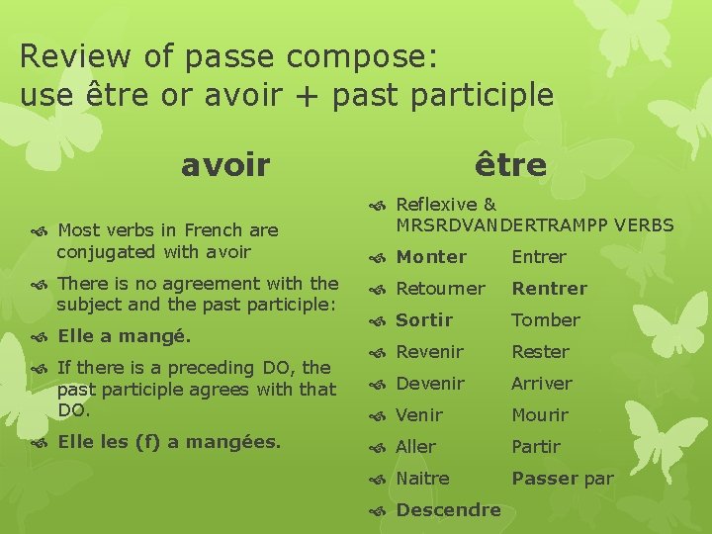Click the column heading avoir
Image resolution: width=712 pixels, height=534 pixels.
(224, 165)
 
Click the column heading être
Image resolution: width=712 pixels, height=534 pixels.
(509, 164)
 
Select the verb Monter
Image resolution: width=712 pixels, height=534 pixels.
(431, 257)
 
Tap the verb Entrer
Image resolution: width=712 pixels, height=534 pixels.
(539, 257)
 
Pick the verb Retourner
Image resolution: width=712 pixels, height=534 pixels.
(440, 289)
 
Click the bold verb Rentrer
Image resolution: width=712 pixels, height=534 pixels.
(549, 289)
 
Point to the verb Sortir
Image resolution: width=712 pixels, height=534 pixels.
(424, 320)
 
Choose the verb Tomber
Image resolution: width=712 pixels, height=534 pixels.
(545, 320)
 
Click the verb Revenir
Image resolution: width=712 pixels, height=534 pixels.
(429, 352)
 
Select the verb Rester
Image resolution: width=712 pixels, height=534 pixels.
(540, 352)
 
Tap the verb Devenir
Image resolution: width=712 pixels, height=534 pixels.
(430, 384)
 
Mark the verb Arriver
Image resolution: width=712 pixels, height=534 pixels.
(542, 384)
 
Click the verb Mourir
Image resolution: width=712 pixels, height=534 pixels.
(540, 415)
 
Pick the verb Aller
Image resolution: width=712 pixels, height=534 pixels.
(415, 447)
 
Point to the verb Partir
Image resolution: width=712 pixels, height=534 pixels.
(536, 447)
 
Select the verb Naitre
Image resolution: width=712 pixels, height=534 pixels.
(422, 479)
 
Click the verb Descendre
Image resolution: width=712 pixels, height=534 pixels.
(448, 510)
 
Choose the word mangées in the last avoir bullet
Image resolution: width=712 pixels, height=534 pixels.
(234, 442)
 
